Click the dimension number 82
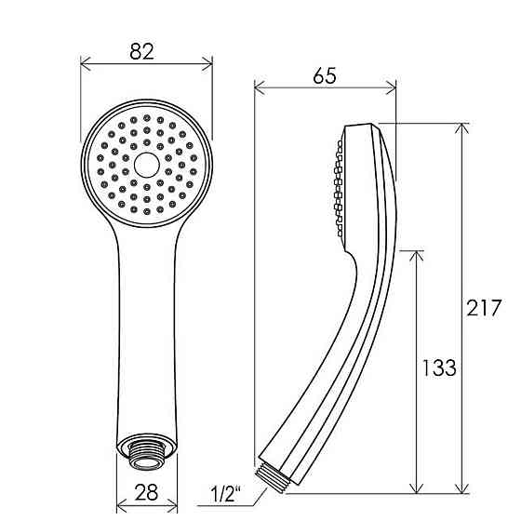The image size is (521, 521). (142, 52)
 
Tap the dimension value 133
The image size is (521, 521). (437, 367)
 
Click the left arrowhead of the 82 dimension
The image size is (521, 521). (84, 63)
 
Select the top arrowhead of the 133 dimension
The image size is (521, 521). (417, 253)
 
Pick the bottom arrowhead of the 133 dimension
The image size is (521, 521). (417, 489)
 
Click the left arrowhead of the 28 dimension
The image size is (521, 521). (119, 508)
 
